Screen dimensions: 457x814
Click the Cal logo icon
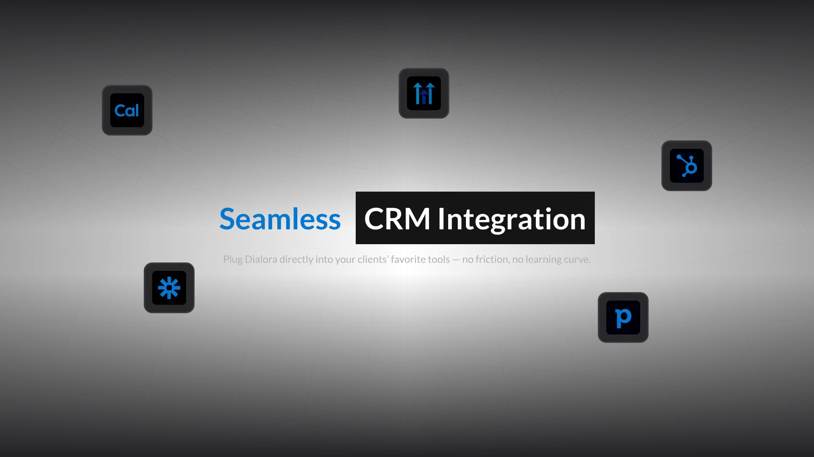coord(127,110)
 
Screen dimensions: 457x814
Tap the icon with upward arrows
coord(424,93)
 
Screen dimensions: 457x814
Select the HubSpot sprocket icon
coord(686,166)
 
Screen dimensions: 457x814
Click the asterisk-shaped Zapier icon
coord(169,288)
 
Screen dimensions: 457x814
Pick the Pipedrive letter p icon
coord(623,318)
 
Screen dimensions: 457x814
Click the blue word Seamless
coord(280,219)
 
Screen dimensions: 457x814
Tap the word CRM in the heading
coord(397,219)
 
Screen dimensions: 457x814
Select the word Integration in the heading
coord(511,219)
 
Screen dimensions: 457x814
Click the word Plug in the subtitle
coord(233,259)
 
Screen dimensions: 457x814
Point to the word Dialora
coord(261,259)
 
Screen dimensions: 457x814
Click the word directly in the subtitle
coord(296,259)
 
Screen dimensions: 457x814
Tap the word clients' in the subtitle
coord(372,259)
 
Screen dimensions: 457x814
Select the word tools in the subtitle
coord(438,259)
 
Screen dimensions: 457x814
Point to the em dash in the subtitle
coord(456,259)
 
